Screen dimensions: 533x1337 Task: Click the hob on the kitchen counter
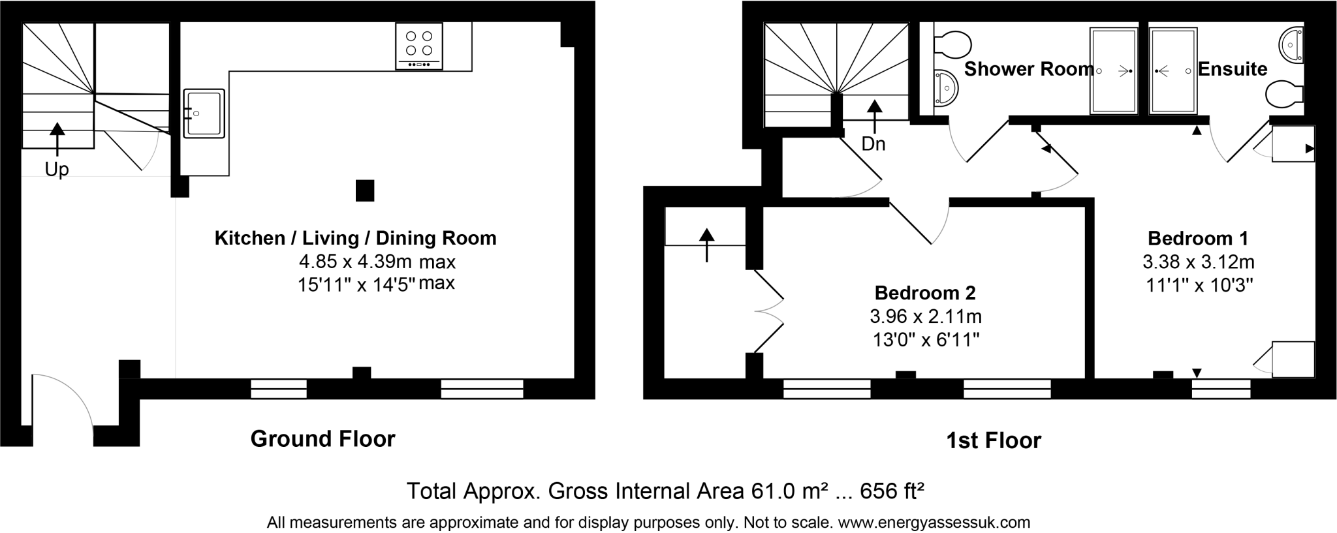(x=418, y=46)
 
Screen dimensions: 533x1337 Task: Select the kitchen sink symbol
(x=204, y=114)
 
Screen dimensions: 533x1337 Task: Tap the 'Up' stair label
(x=57, y=170)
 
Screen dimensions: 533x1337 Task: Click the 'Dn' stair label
(x=873, y=144)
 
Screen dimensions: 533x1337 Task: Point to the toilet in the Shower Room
(x=951, y=44)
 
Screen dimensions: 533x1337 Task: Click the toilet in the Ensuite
(x=1283, y=93)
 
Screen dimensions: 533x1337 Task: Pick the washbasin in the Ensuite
(x=1292, y=44)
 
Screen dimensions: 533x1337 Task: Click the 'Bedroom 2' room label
(x=924, y=293)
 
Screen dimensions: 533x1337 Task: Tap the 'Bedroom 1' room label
(x=1198, y=237)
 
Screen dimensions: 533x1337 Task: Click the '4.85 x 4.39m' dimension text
(x=355, y=262)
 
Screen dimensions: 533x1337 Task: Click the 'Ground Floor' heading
(x=322, y=439)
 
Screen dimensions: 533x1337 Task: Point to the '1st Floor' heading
(x=993, y=441)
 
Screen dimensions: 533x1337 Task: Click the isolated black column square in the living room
(x=365, y=190)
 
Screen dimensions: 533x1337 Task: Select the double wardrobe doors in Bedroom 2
(x=768, y=311)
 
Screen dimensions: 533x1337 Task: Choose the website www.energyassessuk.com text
(x=934, y=523)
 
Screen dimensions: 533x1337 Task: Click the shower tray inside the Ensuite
(x=1173, y=70)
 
